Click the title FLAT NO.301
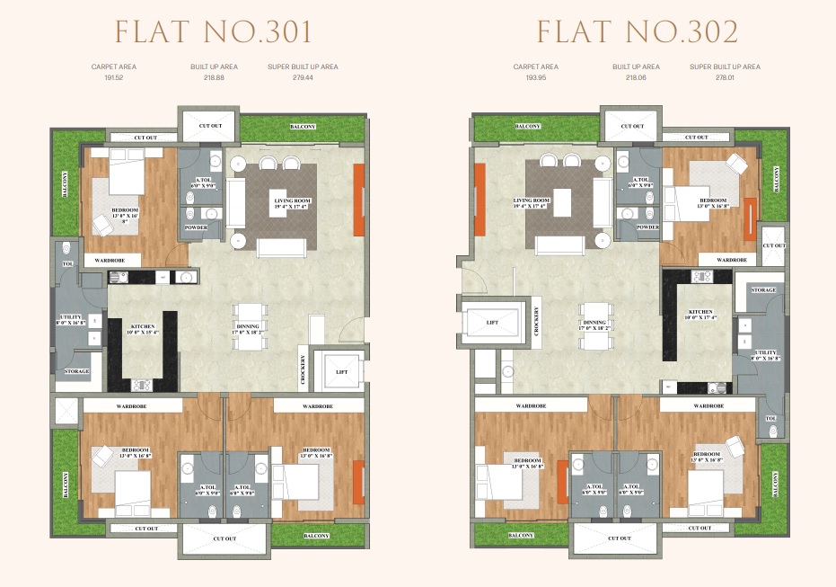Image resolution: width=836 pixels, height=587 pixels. coord(213,32)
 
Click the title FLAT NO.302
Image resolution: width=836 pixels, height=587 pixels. coord(637,32)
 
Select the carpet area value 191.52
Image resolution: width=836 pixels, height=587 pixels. coord(113,78)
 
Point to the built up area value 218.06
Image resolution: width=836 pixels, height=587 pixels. coord(636,78)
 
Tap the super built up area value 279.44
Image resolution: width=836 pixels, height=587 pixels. coord(303,78)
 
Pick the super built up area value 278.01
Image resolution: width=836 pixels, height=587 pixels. coord(725,78)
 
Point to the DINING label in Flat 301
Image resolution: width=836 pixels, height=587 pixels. coord(248,327)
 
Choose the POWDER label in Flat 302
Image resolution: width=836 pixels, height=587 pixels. coord(647,227)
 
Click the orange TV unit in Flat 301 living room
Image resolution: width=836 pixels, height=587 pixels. coord(359,200)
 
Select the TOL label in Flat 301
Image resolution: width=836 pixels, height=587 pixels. coord(68,264)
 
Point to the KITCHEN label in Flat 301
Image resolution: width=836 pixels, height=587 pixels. coord(144,327)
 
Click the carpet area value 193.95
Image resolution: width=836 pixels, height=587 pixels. coord(535,78)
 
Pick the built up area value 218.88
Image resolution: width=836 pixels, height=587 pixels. coord(213,78)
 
